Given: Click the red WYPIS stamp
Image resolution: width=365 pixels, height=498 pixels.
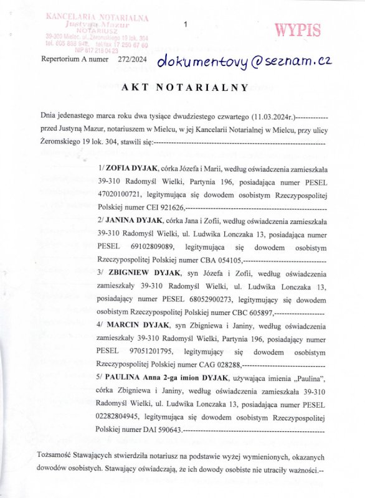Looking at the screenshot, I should pyautogui.click(x=298, y=29).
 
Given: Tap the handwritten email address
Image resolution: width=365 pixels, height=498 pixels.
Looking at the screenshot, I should pyautogui.click(x=244, y=60).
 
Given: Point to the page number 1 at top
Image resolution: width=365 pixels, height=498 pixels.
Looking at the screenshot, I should pyautogui.click(x=186, y=24).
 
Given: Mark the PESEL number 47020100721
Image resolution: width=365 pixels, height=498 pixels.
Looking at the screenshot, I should pyautogui.click(x=120, y=192).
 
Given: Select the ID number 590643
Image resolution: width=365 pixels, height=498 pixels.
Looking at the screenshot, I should pyautogui.click(x=169, y=430).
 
